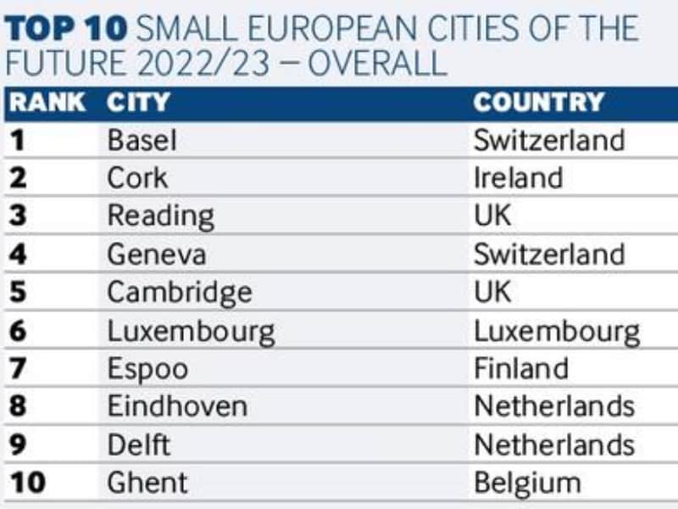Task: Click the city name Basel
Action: pyautogui.click(x=142, y=140)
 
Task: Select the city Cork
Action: pyautogui.click(x=137, y=178)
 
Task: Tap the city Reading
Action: pyautogui.click(x=160, y=217)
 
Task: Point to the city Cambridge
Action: pyautogui.click(x=179, y=293)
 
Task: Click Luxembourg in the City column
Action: pyautogui.click(x=191, y=332)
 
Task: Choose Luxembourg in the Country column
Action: pyautogui.click(x=556, y=332)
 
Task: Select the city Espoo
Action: pyautogui.click(x=147, y=369)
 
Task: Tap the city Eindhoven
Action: pyautogui.click(x=177, y=406)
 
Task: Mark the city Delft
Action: pyautogui.click(x=138, y=445)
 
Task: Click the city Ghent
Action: pyautogui.click(x=147, y=484)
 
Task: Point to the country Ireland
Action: pyautogui.click(x=518, y=178)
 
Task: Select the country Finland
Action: pyautogui.click(x=520, y=369)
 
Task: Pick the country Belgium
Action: pyautogui.click(x=527, y=484)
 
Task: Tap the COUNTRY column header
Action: pyautogui.click(x=538, y=103)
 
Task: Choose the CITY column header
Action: pyautogui.click(x=138, y=103)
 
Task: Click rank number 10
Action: pyautogui.click(x=27, y=484)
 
